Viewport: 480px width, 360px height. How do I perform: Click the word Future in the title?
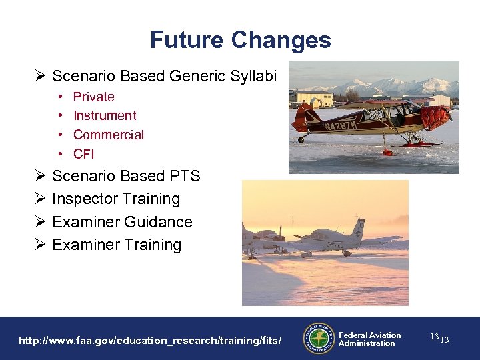[187, 40]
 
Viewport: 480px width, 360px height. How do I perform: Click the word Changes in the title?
[281, 40]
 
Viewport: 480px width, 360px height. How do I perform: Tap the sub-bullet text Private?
[93, 97]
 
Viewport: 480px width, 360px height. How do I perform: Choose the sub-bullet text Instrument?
[105, 116]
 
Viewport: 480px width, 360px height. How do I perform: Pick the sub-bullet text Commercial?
[108, 135]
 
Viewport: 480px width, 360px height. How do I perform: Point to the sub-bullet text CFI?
[84, 154]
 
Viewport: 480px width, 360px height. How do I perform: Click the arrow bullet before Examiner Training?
[39, 245]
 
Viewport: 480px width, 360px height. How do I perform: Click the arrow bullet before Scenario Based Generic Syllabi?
[39, 77]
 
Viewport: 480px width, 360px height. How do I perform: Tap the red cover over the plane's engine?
[436, 118]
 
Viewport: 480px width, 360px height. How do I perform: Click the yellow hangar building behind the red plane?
[314, 99]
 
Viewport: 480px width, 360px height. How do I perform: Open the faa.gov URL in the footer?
[150, 341]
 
